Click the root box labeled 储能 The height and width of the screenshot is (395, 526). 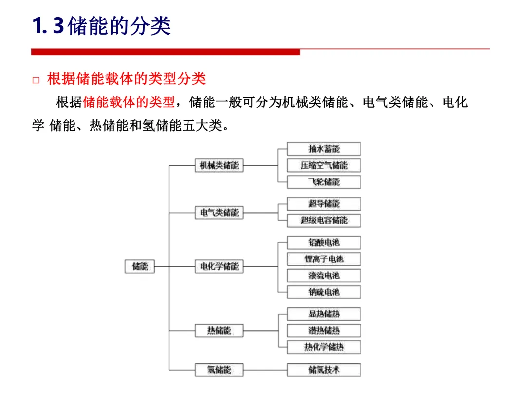tap(140, 266)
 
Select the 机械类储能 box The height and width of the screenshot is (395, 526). tap(219, 165)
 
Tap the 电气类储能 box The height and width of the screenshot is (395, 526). tap(219, 213)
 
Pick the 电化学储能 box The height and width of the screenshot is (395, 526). tap(219, 266)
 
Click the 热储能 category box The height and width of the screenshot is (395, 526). tap(219, 331)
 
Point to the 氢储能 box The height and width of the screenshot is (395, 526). tap(219, 370)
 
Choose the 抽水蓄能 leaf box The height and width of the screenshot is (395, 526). tap(324, 149)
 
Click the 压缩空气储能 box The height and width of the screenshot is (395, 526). tap(324, 165)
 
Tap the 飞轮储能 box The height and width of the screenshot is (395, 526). tap(324, 182)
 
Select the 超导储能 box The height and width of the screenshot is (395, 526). tap(324, 204)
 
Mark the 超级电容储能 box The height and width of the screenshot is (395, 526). tap(324, 220)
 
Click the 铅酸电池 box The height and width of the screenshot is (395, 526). tap(324, 242)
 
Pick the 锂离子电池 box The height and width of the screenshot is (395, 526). tap(324, 259)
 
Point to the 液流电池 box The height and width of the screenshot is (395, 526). tap(324, 276)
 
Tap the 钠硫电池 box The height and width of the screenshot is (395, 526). tap(324, 292)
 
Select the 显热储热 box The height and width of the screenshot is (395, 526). tap(324, 314)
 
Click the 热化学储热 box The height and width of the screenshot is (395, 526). tap(324, 347)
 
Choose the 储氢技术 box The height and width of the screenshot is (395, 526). tap(324, 370)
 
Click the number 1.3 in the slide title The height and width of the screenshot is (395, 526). tap(48, 26)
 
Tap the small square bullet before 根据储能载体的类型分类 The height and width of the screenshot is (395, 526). tap(36, 80)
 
